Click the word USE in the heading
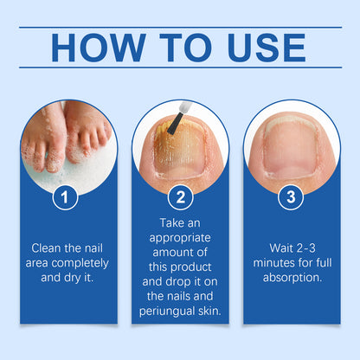coord(266,48)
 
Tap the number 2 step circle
coord(180,198)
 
